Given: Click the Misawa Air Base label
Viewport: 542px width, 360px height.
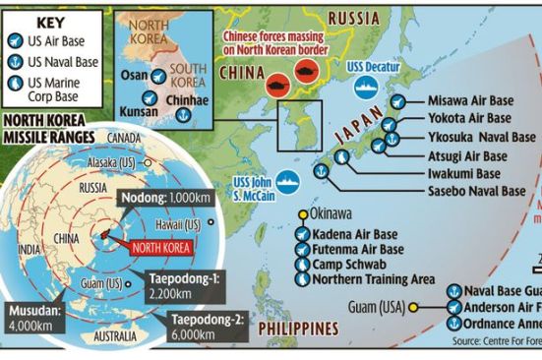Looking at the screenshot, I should coord(468,101).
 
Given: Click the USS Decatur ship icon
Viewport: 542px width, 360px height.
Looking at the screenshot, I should coord(365,86).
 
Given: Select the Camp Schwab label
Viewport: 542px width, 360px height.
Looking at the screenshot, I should coord(349,265).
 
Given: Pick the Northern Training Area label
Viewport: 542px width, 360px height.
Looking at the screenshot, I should coord(374,279).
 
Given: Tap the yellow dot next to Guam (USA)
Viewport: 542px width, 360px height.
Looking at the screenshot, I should coord(414,307).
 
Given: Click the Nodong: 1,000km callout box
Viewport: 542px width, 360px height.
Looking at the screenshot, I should coord(161,198).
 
